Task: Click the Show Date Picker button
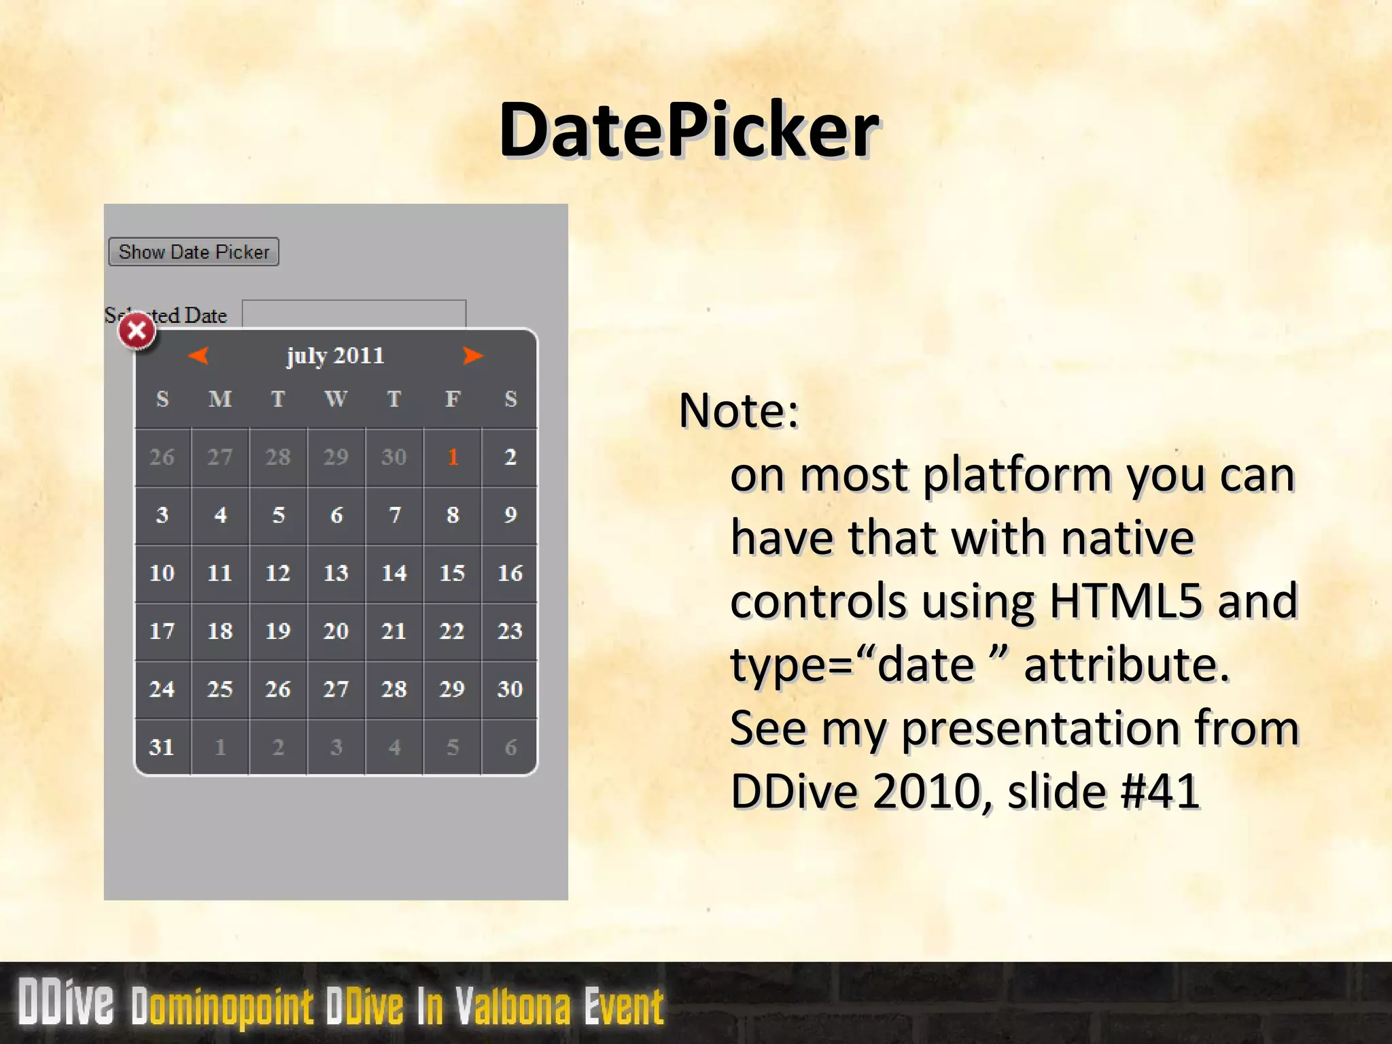coord(194,252)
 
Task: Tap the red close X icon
coord(137,331)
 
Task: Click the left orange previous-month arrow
coord(198,355)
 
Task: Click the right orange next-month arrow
coord(472,355)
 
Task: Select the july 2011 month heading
coord(335,355)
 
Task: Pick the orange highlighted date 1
coord(453,457)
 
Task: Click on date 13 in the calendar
coord(336,573)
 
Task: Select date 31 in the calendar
coord(162,747)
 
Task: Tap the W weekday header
coord(336,398)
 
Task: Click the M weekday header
coord(220,398)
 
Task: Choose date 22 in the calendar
coord(452,631)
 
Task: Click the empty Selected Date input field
coord(354,313)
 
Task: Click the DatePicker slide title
coord(689,129)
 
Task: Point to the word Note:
coord(739,411)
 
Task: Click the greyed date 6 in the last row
coord(510,747)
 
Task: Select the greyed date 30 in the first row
coord(394,457)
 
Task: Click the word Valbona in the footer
coord(513,1006)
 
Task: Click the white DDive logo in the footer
coord(66,1002)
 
